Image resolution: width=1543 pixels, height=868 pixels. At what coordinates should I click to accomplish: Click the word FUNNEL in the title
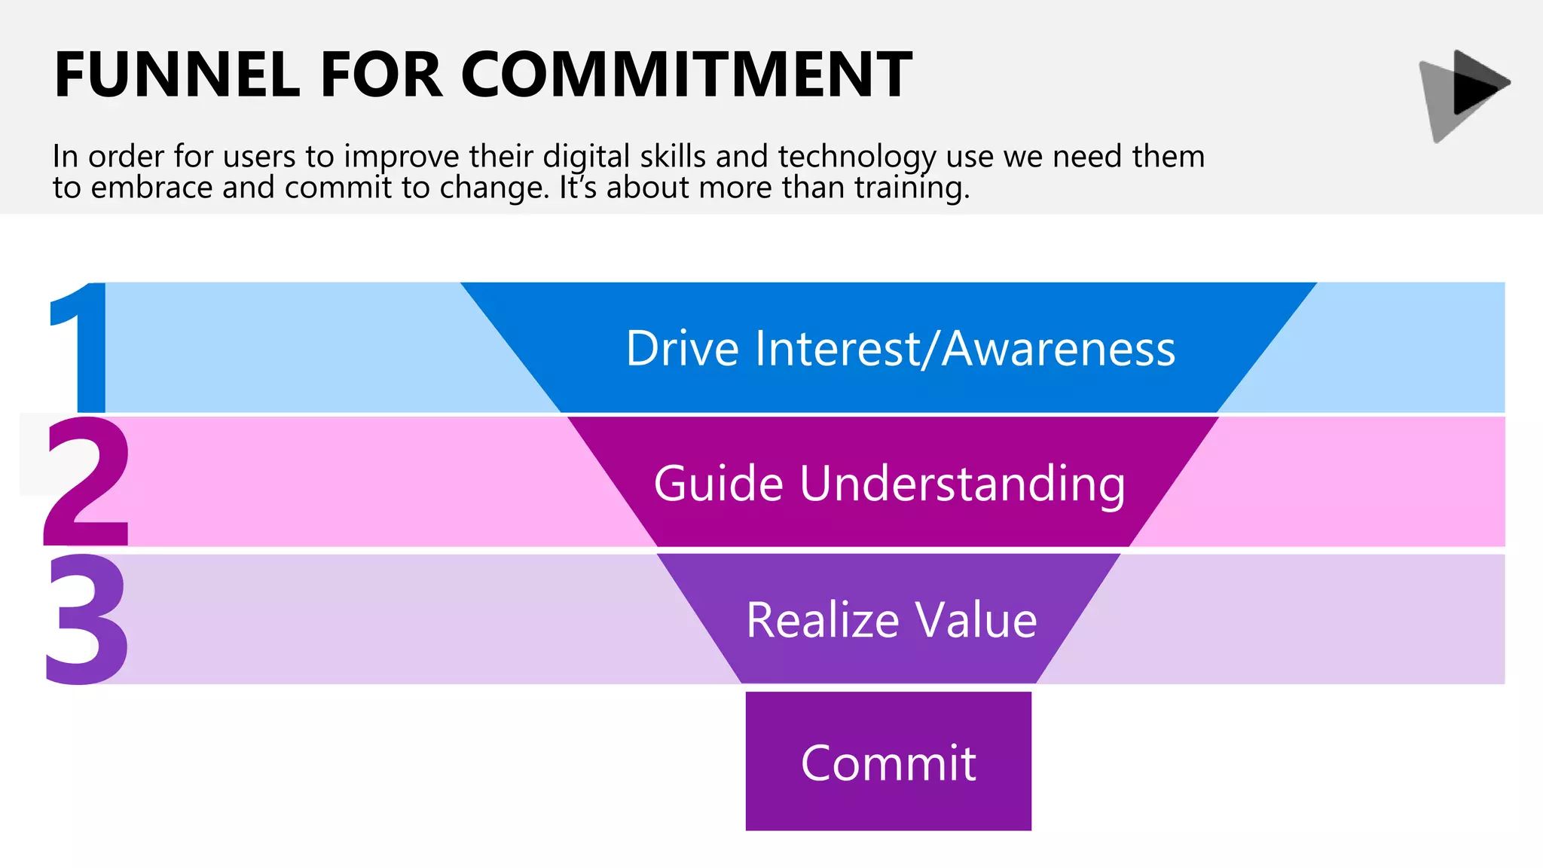[177, 75]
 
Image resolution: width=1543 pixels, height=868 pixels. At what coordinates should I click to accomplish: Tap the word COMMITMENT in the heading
[686, 75]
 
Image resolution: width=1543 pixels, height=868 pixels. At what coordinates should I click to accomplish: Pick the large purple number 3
[86, 619]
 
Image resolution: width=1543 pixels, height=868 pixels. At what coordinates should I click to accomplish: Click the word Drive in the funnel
[683, 348]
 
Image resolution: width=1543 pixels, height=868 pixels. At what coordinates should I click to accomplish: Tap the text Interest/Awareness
[964, 348]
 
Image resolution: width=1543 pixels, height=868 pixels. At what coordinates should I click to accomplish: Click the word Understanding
[962, 483]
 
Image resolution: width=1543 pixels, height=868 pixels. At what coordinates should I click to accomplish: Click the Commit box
[888, 762]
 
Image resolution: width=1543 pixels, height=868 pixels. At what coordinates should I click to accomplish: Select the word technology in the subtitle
[857, 157]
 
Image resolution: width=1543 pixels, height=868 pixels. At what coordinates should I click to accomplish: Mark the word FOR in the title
[381, 75]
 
